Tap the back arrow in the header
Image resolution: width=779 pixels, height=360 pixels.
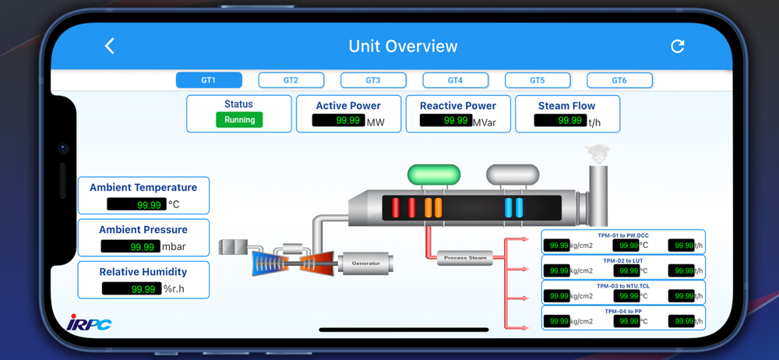point(110,47)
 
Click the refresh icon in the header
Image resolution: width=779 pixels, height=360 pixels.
point(678,46)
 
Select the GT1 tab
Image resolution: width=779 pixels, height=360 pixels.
point(209,80)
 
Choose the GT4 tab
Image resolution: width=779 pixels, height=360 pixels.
point(455,80)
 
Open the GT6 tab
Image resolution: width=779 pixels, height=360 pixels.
point(619,80)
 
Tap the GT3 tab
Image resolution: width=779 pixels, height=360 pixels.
point(373,80)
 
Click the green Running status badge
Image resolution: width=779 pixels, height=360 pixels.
point(239,120)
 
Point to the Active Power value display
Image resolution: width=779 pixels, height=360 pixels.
point(339,121)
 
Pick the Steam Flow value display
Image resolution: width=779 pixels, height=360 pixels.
point(560,121)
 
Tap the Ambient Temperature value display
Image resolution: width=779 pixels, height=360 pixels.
point(136,204)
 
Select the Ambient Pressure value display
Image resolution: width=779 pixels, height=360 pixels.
point(131,246)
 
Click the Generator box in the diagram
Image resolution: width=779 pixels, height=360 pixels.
point(365,263)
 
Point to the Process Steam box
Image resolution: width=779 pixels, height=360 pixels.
point(465,258)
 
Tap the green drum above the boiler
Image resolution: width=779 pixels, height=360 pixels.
point(434,175)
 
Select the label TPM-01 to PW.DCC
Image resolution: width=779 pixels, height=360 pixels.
point(622,235)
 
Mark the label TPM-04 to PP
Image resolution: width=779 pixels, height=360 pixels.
point(622,311)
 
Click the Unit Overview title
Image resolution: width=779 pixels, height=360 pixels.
point(403,46)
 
